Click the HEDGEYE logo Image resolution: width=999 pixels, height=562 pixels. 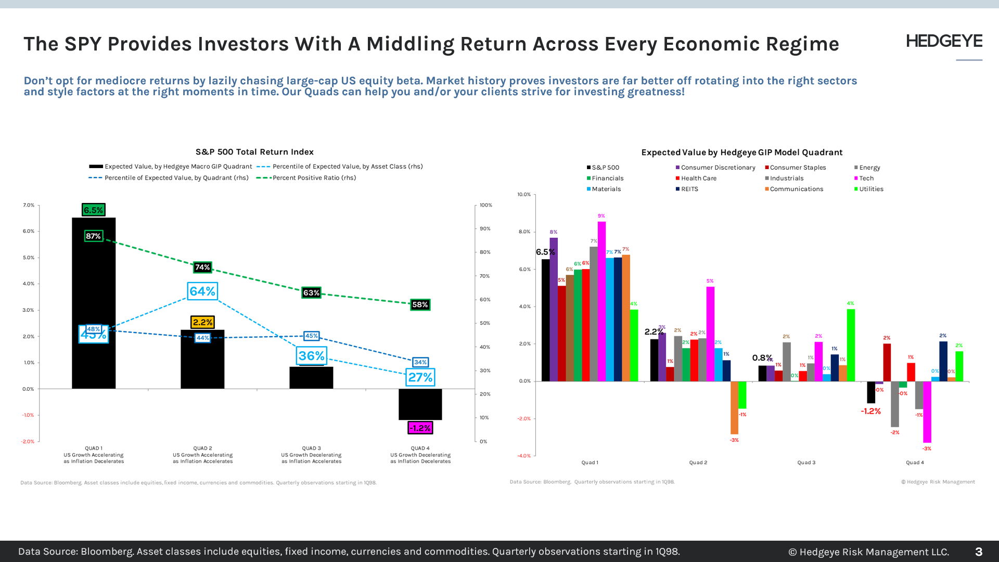[944, 41]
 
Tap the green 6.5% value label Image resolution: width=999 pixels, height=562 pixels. [94, 210]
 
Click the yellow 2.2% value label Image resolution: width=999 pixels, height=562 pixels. [202, 322]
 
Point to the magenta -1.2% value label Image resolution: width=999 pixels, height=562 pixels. [420, 428]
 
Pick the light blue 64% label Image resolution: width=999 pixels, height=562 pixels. [202, 291]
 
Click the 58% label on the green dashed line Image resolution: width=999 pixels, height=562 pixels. [420, 304]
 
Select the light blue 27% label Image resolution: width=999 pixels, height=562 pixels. [420, 377]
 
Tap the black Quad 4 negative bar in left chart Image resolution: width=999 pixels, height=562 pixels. [420, 404]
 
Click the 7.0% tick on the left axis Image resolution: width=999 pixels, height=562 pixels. [29, 205]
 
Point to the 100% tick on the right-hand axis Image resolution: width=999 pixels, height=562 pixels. [485, 205]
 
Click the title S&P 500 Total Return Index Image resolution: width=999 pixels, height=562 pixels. [254, 152]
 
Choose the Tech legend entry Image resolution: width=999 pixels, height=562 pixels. [866, 178]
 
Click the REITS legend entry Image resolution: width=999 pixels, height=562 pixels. [689, 189]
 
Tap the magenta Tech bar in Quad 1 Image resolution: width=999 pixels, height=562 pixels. [601, 302]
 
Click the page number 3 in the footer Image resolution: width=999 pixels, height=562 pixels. [978, 552]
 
